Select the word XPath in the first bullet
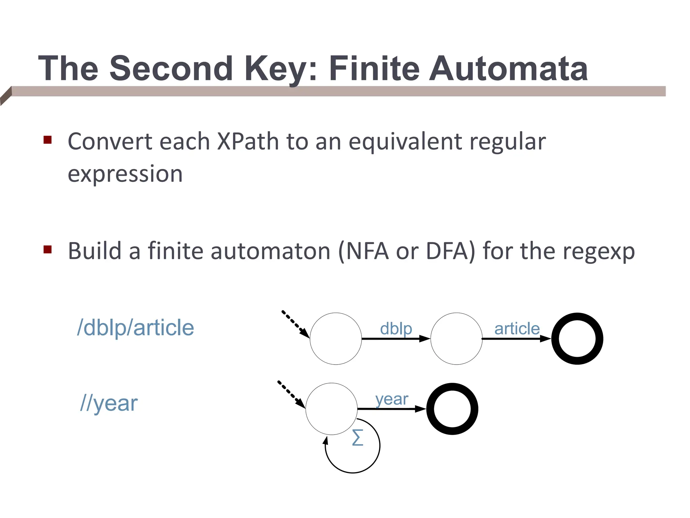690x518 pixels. coord(248,141)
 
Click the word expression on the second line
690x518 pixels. coord(125,174)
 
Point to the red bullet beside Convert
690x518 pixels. coord(48,140)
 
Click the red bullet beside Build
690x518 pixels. coord(48,250)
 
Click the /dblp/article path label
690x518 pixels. coord(135,328)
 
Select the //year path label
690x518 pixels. coord(109,403)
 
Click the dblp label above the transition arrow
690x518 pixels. coord(396,328)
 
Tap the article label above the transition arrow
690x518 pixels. coord(517,328)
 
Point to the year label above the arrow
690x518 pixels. coord(391,399)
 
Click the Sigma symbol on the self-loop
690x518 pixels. coord(357,437)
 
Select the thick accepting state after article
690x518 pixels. coord(577,339)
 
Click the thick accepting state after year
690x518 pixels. coord(452,409)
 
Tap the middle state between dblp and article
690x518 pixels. coord(457,339)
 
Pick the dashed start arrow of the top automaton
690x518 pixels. coord(295,323)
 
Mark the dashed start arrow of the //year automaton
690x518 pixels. coord(291,394)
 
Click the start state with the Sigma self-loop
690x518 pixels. coord(332,409)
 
